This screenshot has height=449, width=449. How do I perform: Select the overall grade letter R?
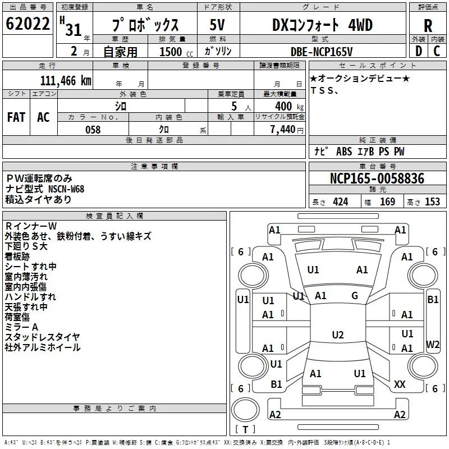tap(428, 26)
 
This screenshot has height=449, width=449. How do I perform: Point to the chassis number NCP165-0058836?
tap(377, 178)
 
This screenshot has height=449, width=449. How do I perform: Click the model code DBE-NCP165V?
tap(325, 51)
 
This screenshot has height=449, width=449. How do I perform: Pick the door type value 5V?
tap(218, 25)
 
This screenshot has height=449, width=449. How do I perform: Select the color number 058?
tap(93, 130)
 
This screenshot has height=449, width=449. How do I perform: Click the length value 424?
tap(340, 201)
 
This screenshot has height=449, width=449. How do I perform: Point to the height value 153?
tap(432, 201)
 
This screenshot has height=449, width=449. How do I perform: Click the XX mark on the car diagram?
tap(400, 384)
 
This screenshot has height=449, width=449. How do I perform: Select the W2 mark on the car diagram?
tap(433, 343)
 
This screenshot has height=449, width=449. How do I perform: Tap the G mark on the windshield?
tap(355, 296)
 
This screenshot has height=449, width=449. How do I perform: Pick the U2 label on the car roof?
tap(337, 335)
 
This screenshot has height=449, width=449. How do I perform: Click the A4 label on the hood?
tap(362, 269)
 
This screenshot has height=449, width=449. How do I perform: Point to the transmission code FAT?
tap(16, 117)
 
